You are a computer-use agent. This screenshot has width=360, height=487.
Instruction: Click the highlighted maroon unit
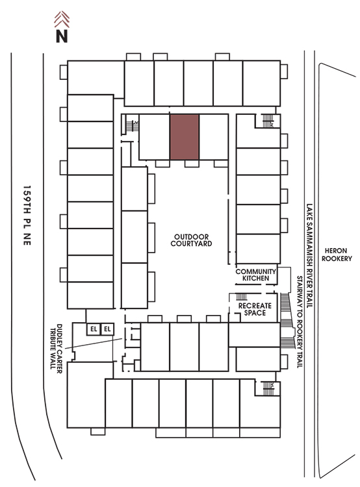click(x=185, y=137)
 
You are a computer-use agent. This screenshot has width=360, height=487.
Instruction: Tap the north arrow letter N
click(x=62, y=36)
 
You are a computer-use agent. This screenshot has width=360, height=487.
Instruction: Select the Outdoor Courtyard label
click(x=191, y=240)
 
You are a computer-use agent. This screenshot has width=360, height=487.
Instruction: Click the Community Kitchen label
click(x=255, y=275)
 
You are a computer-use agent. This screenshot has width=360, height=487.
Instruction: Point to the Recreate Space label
click(x=255, y=309)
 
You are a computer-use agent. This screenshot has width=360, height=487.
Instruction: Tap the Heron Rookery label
click(x=337, y=255)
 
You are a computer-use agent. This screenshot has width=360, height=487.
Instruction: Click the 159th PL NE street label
click(x=27, y=216)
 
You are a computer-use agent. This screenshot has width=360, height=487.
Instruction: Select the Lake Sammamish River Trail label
click(x=309, y=256)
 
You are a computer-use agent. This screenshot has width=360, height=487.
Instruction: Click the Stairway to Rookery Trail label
click(x=300, y=322)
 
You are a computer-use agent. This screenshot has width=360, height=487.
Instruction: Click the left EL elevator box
click(x=94, y=329)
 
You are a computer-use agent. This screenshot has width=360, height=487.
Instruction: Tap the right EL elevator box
click(x=107, y=329)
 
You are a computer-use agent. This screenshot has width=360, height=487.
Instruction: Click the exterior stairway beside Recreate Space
click(x=287, y=320)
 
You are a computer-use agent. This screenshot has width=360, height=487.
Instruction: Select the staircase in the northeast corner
click(x=267, y=121)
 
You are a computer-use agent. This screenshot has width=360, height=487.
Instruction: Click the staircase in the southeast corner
click(x=268, y=388)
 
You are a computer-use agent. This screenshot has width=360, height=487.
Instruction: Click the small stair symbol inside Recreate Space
click(x=241, y=296)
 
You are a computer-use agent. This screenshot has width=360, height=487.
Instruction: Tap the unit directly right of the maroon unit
click(x=214, y=137)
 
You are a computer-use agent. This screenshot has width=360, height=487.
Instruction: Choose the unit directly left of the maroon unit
click(x=154, y=137)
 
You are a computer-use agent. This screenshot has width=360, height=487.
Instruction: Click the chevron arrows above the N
click(x=62, y=19)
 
